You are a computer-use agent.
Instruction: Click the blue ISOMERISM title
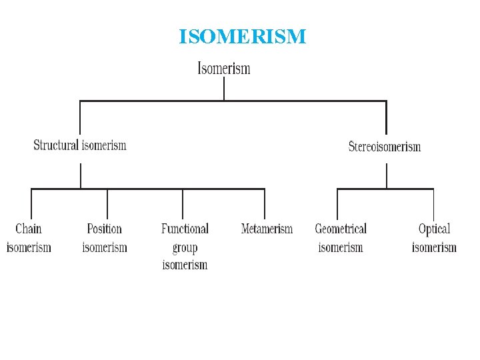point(242,37)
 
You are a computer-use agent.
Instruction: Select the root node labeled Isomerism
point(224,68)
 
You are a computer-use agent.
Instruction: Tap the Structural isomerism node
point(80,145)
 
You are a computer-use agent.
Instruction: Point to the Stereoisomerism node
point(385,146)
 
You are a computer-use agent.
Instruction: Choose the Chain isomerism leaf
point(29,238)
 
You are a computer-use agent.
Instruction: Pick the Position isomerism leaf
point(105,238)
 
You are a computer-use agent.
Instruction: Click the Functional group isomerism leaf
point(185,247)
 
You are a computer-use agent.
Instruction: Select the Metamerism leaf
point(267,229)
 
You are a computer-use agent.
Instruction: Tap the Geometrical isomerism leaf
point(341,238)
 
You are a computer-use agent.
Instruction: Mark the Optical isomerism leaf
point(434,238)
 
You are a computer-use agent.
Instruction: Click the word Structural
point(56,145)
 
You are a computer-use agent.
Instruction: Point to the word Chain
point(29,229)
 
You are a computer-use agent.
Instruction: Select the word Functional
point(185,229)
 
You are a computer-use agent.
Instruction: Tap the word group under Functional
point(185,248)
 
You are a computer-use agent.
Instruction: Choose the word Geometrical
point(341,229)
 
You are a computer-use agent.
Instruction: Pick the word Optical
point(434,229)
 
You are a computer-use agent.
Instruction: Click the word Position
point(105,229)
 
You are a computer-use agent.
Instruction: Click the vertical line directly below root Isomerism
point(224,88)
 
